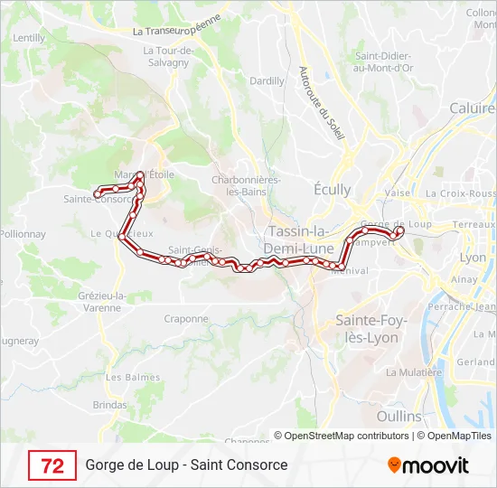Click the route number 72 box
[x=52, y=465]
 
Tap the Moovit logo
[x=428, y=465]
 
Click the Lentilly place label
[x=29, y=38]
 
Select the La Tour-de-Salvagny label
[x=165, y=56]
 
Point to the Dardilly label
[x=267, y=80]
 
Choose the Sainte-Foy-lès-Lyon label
[x=371, y=329]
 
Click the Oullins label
[x=399, y=417]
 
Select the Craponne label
[x=186, y=318]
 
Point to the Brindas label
[x=110, y=405]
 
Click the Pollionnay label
[x=22, y=233]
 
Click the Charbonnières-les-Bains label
[x=245, y=185]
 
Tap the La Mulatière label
[x=413, y=371]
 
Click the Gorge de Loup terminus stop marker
[x=399, y=230]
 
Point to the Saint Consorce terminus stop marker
[x=98, y=193]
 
